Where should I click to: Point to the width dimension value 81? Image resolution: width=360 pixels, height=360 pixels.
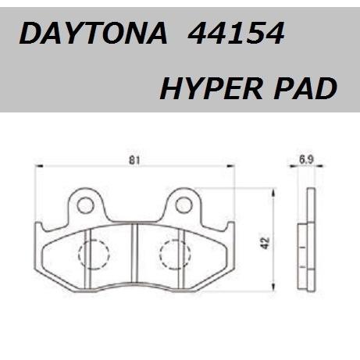click(134, 162)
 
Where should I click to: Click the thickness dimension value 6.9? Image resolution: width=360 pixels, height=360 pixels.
click(306, 161)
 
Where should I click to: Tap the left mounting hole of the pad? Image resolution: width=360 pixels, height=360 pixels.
click(86, 205)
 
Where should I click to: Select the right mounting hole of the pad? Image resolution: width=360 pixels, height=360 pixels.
click(184, 205)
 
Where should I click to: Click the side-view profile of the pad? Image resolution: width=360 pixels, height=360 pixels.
click(306, 242)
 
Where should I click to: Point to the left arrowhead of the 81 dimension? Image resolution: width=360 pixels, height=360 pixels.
click(40, 168)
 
